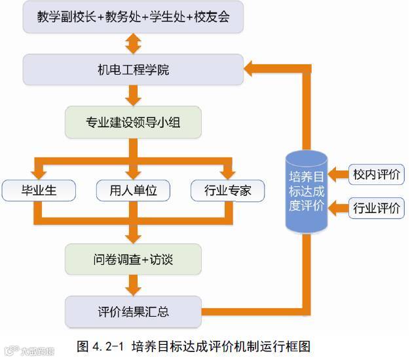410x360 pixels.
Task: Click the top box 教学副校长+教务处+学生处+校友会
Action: click(133, 18)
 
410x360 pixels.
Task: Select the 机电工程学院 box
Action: click(133, 69)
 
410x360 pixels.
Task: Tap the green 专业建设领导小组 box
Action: click(133, 122)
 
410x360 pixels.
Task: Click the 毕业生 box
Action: click(39, 191)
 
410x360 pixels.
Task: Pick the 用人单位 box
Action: click(133, 191)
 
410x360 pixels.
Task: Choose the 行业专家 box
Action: click(228, 191)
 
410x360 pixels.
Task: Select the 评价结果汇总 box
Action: click(133, 311)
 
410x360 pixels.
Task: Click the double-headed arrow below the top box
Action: click(134, 43)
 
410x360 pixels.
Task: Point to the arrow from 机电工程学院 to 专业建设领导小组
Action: click(134, 96)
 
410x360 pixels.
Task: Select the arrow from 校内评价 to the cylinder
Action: click(338, 174)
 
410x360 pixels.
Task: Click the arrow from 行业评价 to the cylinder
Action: click(338, 209)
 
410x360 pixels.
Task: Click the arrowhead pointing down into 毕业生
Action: click(39, 172)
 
